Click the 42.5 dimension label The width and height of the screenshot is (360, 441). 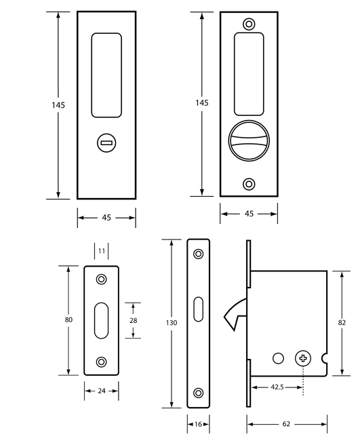pyautogui.click(x=277, y=387)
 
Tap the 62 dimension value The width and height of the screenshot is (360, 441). pyautogui.click(x=286, y=424)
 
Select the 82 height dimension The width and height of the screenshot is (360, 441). pyautogui.click(x=342, y=322)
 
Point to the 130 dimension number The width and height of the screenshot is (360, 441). pyautogui.click(x=172, y=322)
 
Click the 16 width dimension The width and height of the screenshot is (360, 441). pyautogui.click(x=198, y=424)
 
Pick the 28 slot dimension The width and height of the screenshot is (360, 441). pyautogui.click(x=133, y=320)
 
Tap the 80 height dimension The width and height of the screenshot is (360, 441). pyautogui.click(x=68, y=320)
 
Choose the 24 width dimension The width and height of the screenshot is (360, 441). pyautogui.click(x=102, y=391)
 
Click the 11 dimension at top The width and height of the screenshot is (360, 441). pyautogui.click(x=102, y=250)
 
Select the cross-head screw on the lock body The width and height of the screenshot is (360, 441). pyautogui.click(x=303, y=358)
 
